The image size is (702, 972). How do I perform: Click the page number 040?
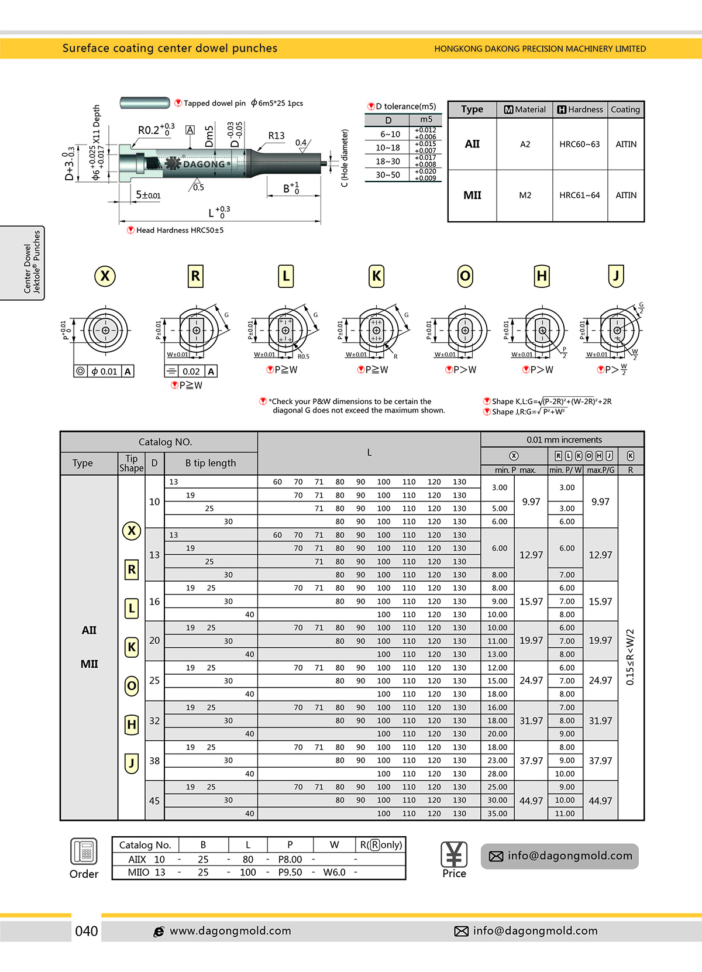point(87,931)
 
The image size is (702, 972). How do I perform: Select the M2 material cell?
point(525,195)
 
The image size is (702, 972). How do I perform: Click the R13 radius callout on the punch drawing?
point(276,136)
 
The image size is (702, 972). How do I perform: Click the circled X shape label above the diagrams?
point(105,276)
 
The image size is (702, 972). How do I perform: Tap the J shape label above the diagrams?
point(616,276)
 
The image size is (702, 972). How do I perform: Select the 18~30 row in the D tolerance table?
point(388,162)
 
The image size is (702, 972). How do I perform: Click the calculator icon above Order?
point(84,851)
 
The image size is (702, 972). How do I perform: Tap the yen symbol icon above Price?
point(454,854)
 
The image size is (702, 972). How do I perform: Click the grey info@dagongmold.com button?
point(560,856)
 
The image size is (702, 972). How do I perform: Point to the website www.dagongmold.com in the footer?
point(230,931)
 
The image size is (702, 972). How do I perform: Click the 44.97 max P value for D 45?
point(531,801)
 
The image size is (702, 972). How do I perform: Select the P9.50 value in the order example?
point(290,872)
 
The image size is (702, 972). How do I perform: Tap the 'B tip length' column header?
point(211,463)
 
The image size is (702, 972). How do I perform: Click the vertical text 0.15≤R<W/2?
point(630,657)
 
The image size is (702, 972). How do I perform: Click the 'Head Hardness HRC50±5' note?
point(179,231)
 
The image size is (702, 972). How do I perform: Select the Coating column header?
point(625,109)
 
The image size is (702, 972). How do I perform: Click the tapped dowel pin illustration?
point(144,103)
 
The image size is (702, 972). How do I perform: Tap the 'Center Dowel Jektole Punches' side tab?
point(32,262)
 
